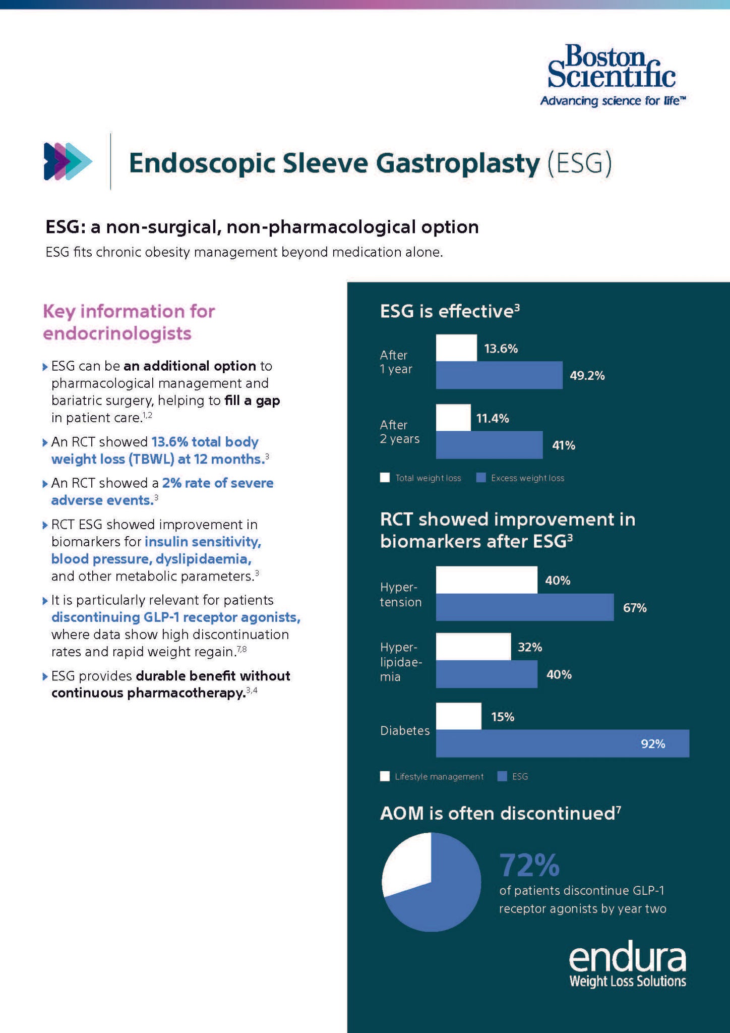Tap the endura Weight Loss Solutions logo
[x=627, y=966]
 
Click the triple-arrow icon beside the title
[x=68, y=161]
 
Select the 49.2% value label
[x=587, y=375]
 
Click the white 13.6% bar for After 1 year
[x=456, y=348]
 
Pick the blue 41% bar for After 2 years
[x=489, y=444]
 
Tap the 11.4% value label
[x=493, y=418]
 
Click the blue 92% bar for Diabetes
[x=563, y=743]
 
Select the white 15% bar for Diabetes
[x=459, y=716]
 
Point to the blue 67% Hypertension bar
[x=525, y=607]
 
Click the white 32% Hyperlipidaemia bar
[x=473, y=647]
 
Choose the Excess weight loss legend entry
[x=521, y=478]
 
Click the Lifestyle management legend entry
[x=432, y=776]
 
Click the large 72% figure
[x=529, y=865]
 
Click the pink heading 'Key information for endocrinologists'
[x=129, y=322]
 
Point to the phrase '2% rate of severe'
[x=218, y=483]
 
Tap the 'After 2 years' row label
[x=400, y=432]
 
